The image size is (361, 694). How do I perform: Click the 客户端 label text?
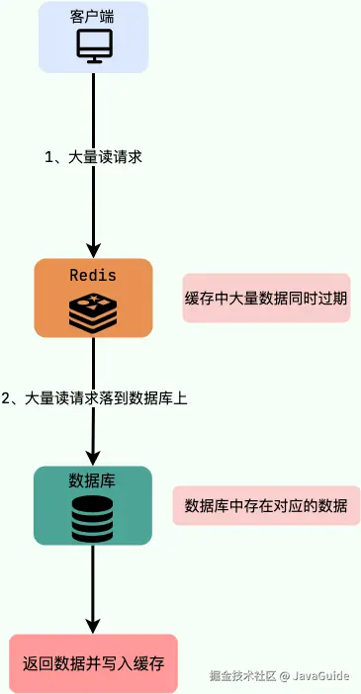[x=93, y=18]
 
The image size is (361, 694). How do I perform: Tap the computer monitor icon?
[x=94, y=45]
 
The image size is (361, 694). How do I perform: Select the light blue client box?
[x=93, y=37]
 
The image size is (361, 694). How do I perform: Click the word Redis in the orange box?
[x=93, y=275]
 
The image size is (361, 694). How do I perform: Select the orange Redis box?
[x=93, y=297]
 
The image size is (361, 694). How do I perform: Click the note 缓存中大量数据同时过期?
[x=266, y=299]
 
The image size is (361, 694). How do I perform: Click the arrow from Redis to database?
[x=93, y=435]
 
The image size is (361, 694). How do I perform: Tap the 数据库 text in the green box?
[x=93, y=480]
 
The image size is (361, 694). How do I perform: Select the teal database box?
[x=93, y=504]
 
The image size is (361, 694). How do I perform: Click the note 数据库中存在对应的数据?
[x=266, y=506]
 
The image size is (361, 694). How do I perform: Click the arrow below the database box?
[x=93, y=589]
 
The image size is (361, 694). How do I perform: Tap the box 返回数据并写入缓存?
[x=93, y=662]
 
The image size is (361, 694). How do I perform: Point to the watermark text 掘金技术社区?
[x=241, y=676]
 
